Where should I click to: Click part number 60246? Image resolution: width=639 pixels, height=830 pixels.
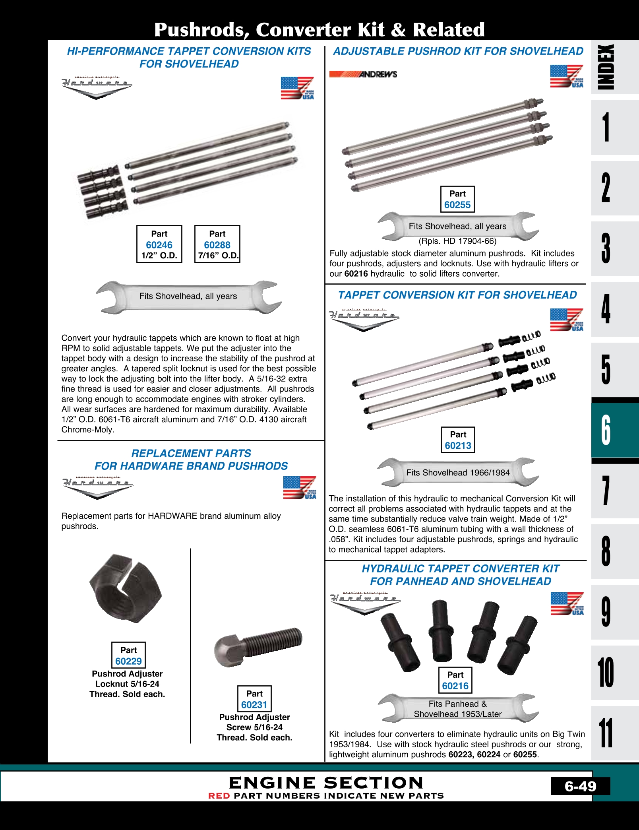coord(159,245)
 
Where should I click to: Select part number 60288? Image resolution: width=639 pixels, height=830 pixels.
coord(217,245)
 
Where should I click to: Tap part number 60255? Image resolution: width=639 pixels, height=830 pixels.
coord(457,205)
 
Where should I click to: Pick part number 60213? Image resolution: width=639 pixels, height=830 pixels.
coord(458,446)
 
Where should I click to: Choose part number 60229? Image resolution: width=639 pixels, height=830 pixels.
coord(128,661)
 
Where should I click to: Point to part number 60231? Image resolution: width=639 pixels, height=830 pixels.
coord(254,704)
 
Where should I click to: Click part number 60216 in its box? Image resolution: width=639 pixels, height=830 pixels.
coord(455,686)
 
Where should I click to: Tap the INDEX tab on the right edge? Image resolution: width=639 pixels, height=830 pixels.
coord(606,67)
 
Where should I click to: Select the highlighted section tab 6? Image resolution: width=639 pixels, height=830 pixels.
coord(606,430)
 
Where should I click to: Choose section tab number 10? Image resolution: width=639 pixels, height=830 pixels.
coord(606,672)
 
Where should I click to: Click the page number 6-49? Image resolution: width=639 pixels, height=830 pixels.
coord(580,786)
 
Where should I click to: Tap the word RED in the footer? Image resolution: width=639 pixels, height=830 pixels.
coord(219,796)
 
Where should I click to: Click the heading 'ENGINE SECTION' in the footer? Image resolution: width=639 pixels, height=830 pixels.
coord(326,783)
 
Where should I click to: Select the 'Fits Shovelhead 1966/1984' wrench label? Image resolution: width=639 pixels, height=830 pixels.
coord(458,473)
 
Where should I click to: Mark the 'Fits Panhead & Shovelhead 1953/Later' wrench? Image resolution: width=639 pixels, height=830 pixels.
coord(458,709)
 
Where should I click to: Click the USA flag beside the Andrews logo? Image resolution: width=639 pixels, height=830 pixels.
coord(567,76)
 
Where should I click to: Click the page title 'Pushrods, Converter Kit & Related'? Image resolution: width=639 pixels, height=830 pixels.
coord(319,29)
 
